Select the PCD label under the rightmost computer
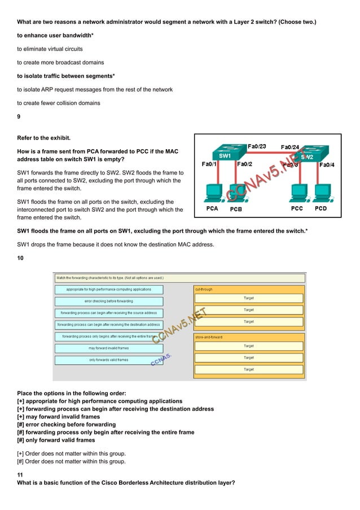(x=321, y=208)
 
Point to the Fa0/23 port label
(x=257, y=147)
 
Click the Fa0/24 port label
(x=290, y=147)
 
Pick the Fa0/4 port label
(x=328, y=165)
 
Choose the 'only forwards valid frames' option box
(x=108, y=360)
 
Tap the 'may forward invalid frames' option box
(x=108, y=348)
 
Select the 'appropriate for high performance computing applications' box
(x=108, y=289)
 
